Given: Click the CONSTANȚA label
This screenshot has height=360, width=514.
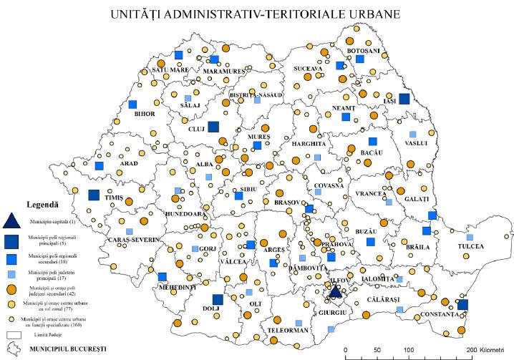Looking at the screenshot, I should (439, 315).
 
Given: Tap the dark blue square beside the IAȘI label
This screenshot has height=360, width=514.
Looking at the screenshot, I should (404, 99).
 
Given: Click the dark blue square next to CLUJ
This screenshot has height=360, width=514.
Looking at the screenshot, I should (213, 127).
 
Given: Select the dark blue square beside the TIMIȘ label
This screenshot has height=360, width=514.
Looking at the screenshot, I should (94, 194).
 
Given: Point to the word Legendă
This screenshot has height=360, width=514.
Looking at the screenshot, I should (42, 203).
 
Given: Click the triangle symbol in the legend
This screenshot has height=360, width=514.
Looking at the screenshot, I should (11, 223).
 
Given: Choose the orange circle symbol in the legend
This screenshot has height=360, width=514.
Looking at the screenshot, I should (11, 290).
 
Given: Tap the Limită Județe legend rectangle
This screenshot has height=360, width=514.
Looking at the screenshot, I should (11, 334).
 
